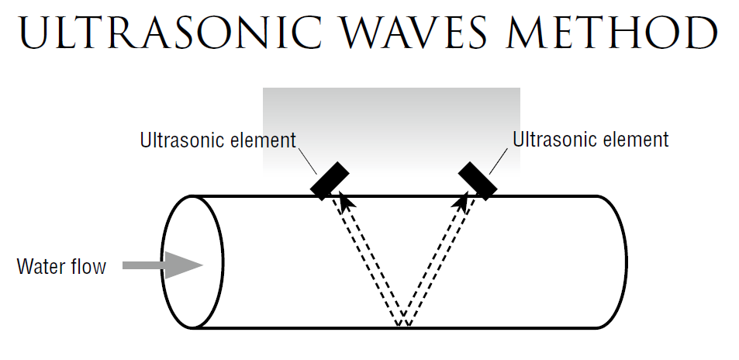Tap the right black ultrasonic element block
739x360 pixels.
point(478,180)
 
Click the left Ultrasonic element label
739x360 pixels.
point(218,140)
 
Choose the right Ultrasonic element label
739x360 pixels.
point(591,140)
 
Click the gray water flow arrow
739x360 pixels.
point(164,265)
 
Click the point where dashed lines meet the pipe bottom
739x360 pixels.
point(403,325)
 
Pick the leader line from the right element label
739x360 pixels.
point(500,161)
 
